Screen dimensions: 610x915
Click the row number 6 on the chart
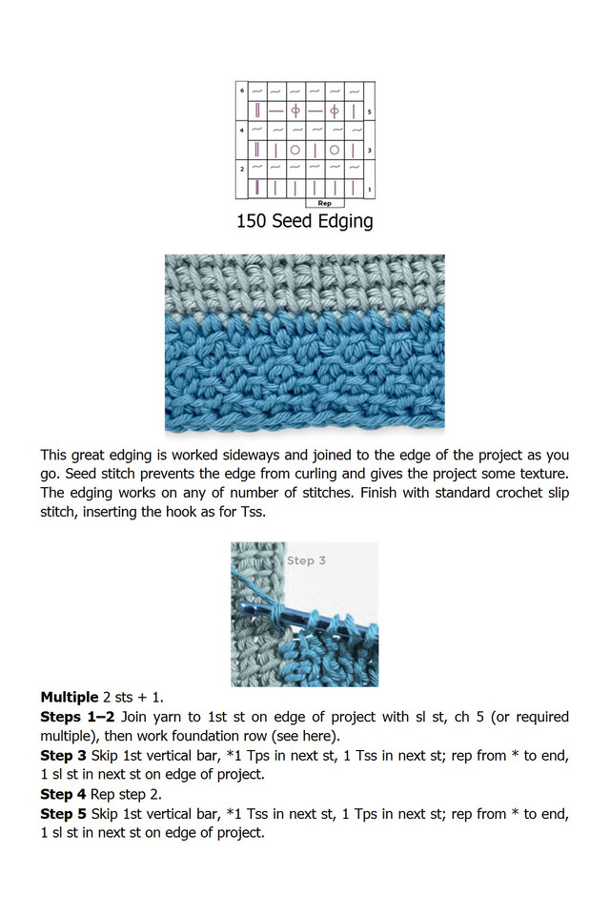(x=242, y=91)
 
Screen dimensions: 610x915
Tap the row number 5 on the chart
(x=369, y=112)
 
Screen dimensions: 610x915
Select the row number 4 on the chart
(x=242, y=129)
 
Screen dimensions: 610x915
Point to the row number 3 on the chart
(x=369, y=151)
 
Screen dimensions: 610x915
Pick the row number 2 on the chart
(x=242, y=168)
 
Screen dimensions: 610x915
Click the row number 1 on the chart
(x=369, y=189)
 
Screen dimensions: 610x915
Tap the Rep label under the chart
(x=324, y=202)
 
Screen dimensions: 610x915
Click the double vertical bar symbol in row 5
(x=258, y=112)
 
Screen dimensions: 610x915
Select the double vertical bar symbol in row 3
(x=258, y=151)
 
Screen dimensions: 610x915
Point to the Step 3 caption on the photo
(x=307, y=560)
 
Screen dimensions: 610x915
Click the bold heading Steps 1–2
(x=78, y=717)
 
